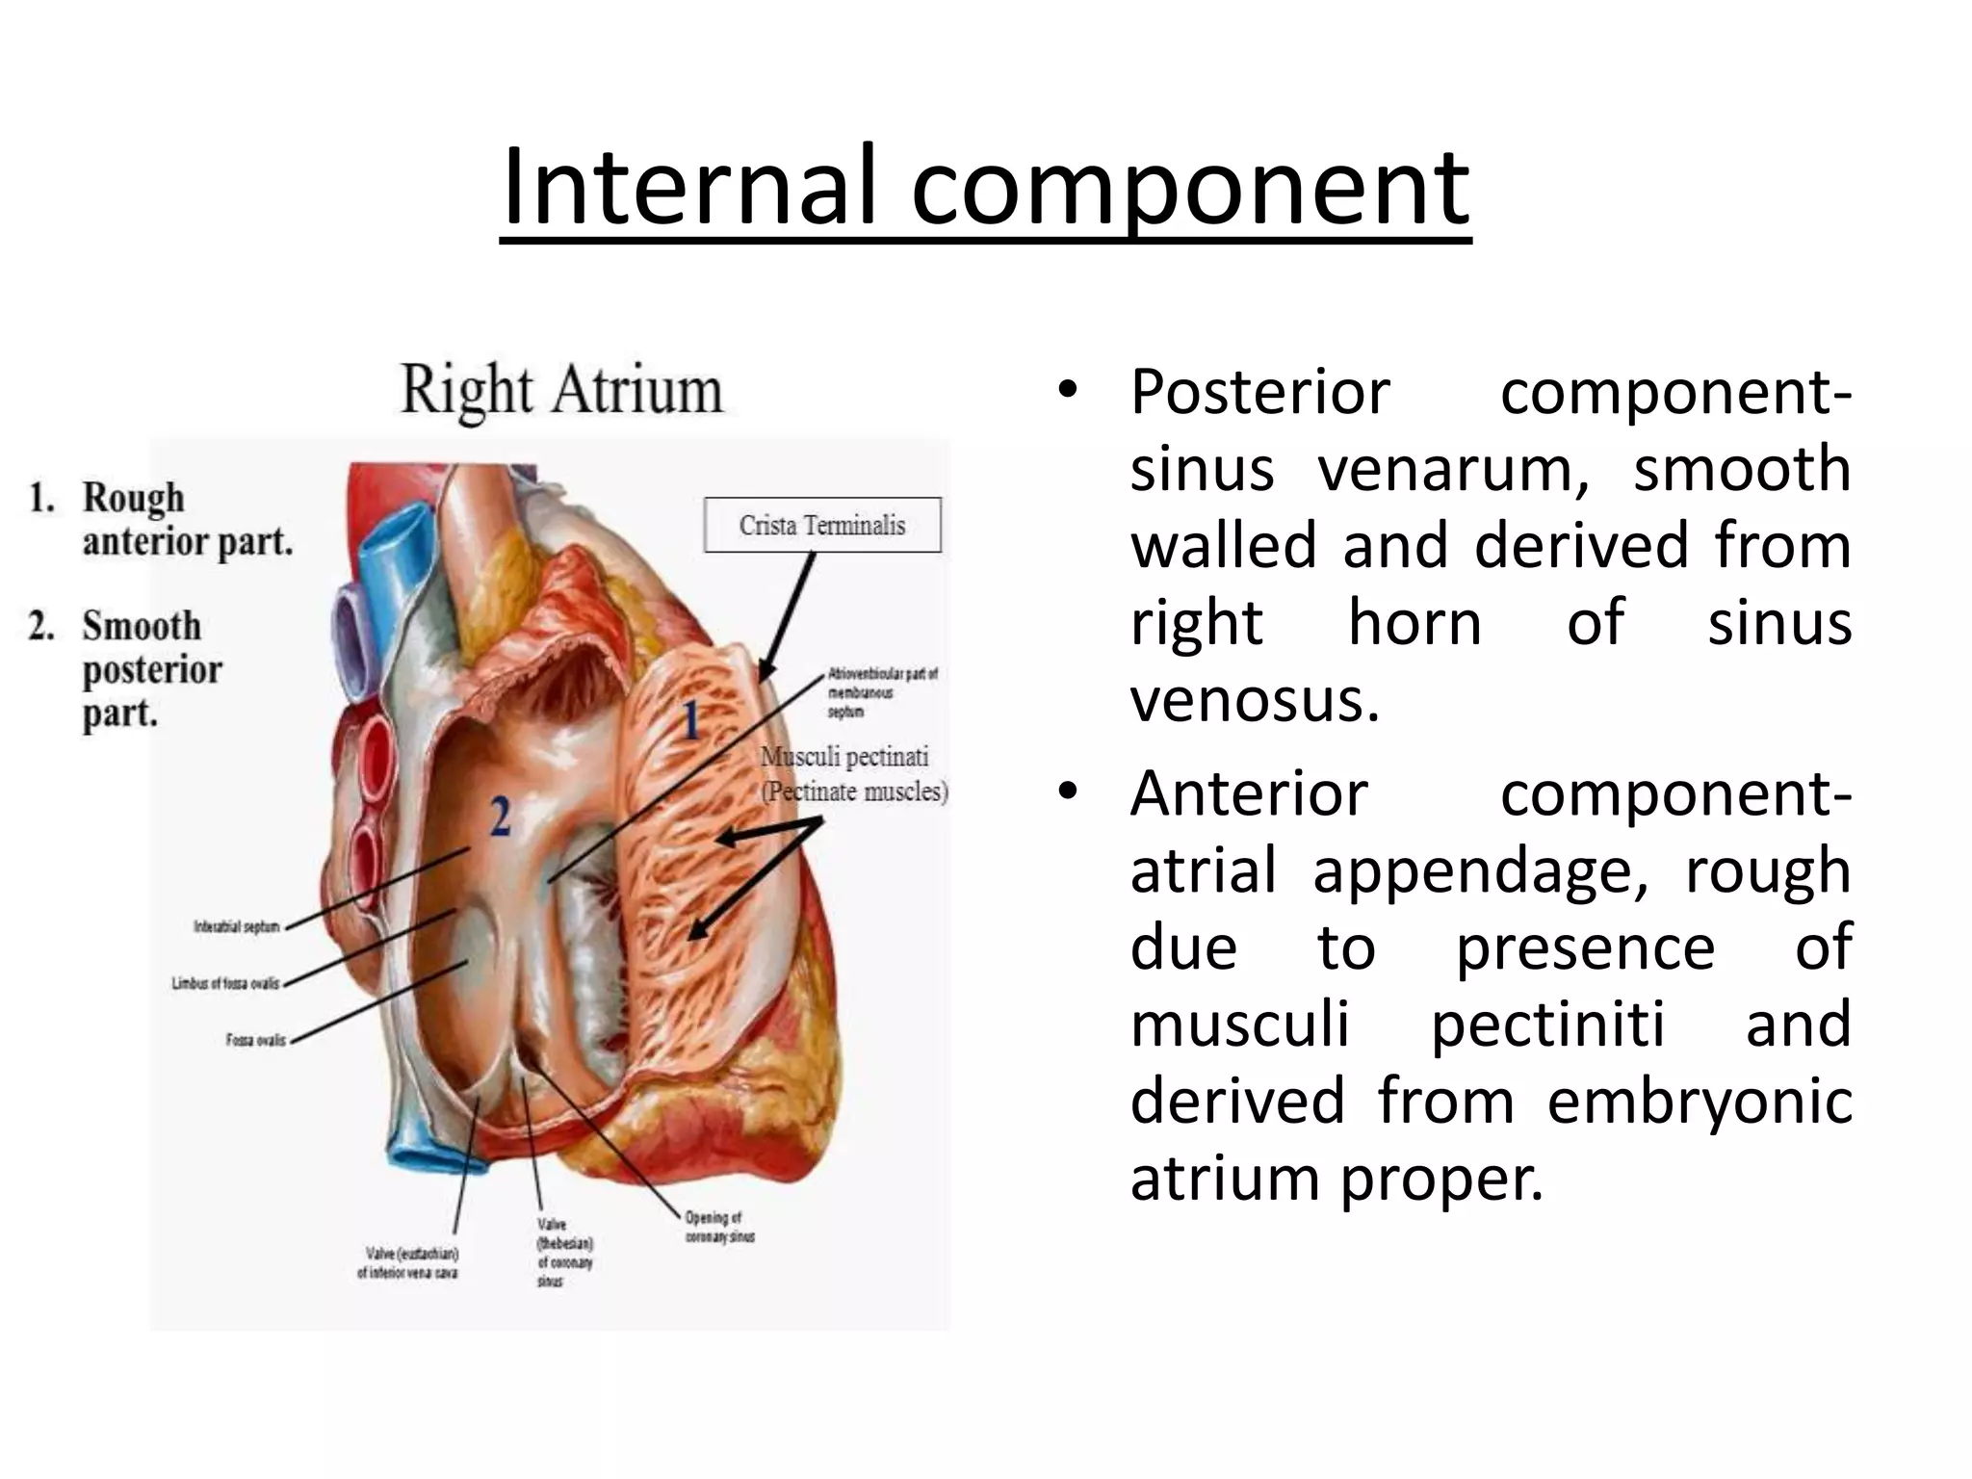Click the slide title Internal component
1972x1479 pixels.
(985, 188)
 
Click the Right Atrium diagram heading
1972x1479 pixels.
(561, 391)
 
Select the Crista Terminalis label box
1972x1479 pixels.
(822, 525)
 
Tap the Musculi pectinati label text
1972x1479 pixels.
(845, 758)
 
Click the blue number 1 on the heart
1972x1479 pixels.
(690, 720)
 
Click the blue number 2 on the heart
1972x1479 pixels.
(500, 817)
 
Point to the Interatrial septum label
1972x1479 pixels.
(237, 926)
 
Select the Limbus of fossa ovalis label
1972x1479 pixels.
(225, 983)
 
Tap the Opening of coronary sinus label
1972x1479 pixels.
(719, 1227)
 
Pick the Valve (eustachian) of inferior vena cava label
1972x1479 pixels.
(407, 1263)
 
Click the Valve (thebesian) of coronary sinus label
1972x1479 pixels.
(564, 1252)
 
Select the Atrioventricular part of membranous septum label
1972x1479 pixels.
(881, 692)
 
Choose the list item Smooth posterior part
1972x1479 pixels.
(144, 669)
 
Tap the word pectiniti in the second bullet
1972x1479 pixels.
(1547, 1024)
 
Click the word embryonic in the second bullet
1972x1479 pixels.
(1700, 1101)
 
